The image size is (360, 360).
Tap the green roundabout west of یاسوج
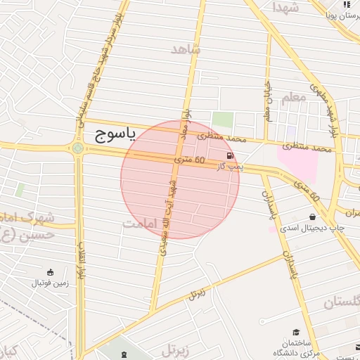(77, 148)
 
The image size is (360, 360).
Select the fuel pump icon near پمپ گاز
(231, 155)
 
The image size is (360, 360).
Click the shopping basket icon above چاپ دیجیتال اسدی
(311, 217)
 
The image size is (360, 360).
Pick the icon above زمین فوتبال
(50, 271)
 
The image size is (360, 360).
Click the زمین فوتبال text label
(50, 283)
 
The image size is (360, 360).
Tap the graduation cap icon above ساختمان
(296, 332)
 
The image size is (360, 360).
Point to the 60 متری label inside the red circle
(190, 161)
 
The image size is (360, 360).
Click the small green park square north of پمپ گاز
(223, 119)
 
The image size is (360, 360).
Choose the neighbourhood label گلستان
(342, 302)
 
